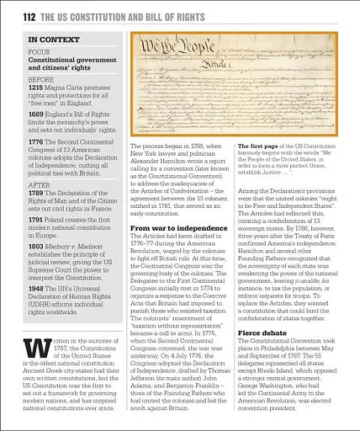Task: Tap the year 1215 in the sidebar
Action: [x=36, y=86]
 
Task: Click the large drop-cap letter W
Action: [x=34, y=337]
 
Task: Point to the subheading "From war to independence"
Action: [x=177, y=227]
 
